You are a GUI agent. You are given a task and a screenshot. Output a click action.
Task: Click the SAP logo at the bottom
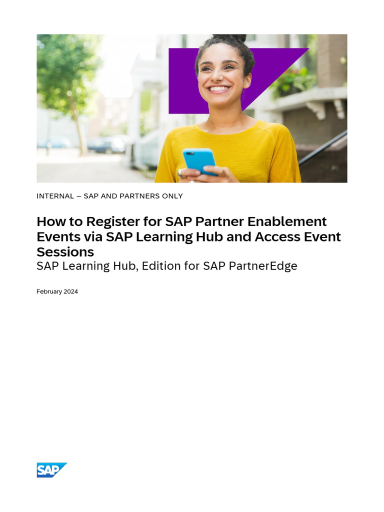[x=51, y=470]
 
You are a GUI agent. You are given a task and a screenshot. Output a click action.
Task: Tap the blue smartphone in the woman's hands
[x=199, y=160]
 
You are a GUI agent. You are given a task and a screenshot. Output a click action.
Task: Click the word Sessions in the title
[x=65, y=252]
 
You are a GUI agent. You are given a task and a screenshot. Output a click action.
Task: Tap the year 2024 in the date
[x=71, y=291]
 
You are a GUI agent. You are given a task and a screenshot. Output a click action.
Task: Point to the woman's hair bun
[x=229, y=39]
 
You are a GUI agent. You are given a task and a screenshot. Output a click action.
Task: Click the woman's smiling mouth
[x=218, y=89]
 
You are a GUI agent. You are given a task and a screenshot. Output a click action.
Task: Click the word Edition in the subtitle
[x=160, y=266]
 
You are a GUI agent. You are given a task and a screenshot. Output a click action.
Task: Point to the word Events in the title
[x=56, y=237]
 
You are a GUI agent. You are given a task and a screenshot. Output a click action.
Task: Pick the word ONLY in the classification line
[x=172, y=196]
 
